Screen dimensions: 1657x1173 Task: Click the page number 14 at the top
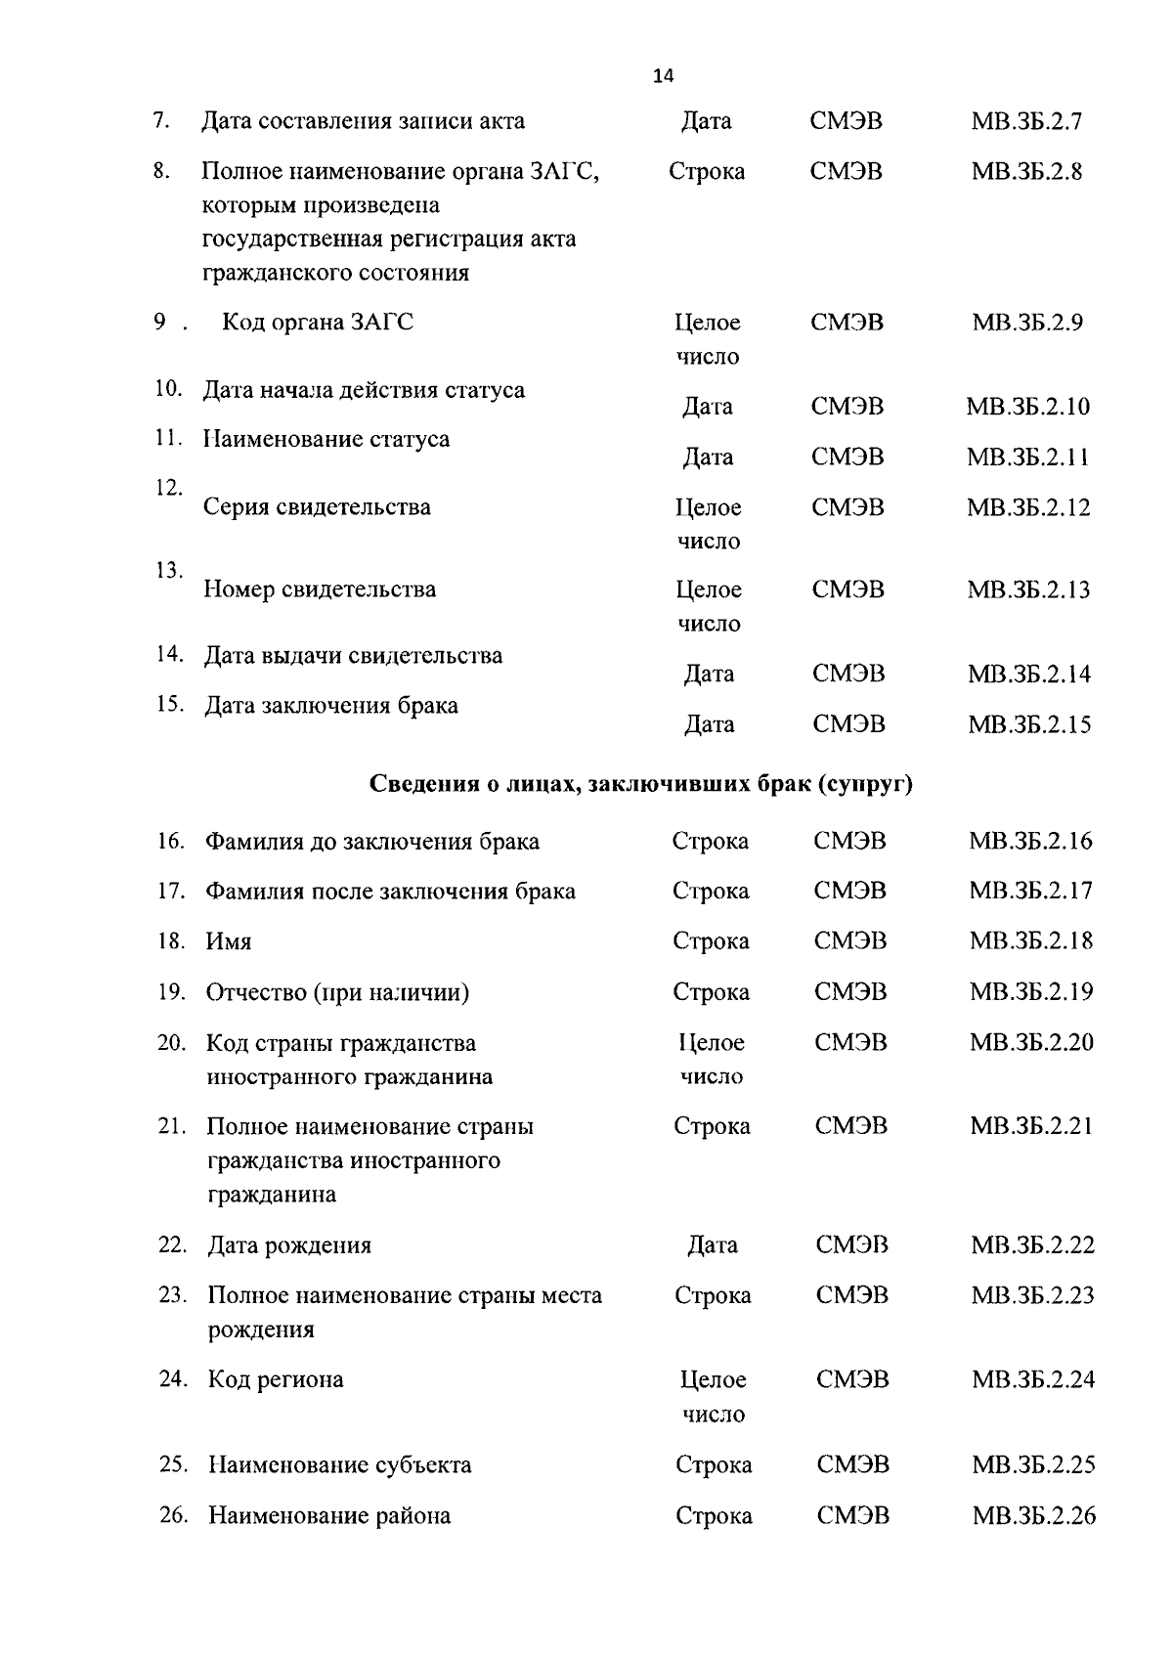(x=663, y=76)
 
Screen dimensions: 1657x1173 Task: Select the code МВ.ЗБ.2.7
(x=1026, y=122)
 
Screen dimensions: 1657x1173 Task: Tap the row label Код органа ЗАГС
(x=318, y=323)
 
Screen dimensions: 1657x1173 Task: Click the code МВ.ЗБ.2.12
(x=1028, y=507)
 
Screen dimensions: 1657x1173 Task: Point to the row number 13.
(x=169, y=570)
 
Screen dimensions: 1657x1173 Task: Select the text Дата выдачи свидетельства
(x=353, y=656)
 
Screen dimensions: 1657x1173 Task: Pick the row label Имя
(x=229, y=942)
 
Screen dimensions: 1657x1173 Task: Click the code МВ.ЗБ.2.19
(x=1031, y=992)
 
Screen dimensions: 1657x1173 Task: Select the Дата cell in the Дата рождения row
(x=712, y=1245)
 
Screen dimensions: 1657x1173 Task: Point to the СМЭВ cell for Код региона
(x=852, y=1380)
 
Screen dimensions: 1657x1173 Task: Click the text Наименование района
(x=329, y=1516)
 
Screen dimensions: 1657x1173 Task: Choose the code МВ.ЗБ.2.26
(x=1033, y=1516)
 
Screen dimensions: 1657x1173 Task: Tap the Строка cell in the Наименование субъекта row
(x=714, y=1465)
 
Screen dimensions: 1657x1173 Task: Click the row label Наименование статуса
(x=326, y=440)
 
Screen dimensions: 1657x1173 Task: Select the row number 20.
(x=171, y=1043)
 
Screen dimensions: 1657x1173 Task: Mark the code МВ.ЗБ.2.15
(x=1029, y=725)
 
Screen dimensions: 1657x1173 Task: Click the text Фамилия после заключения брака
(x=390, y=892)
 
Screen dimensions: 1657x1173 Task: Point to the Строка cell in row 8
(x=706, y=172)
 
